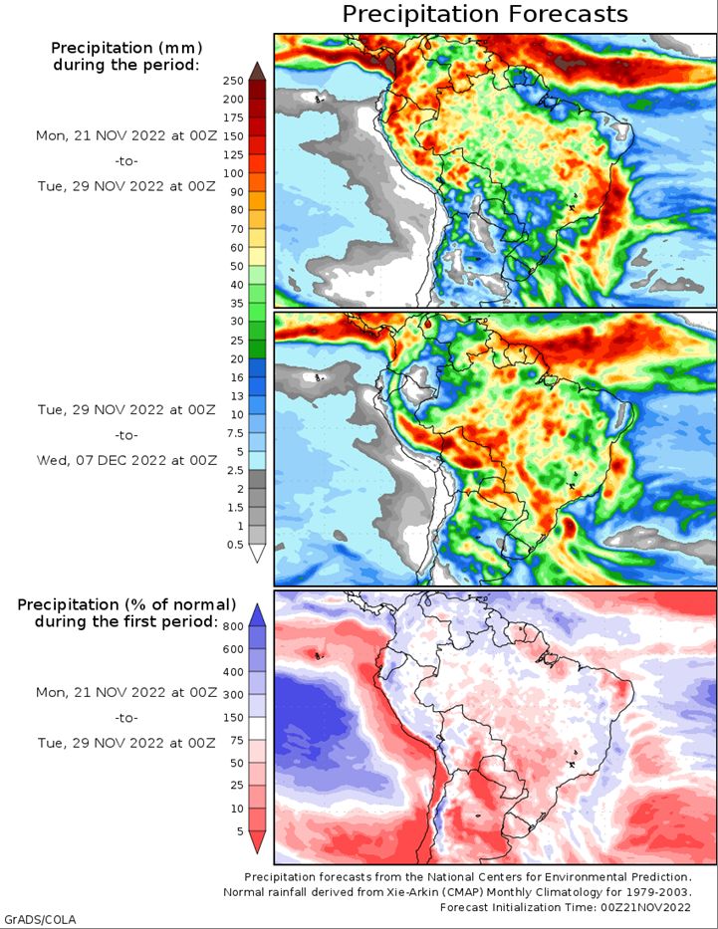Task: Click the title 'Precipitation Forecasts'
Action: pos(485,14)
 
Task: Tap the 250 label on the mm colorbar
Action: pos(233,82)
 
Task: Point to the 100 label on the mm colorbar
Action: pos(233,173)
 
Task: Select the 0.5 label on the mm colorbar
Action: pos(235,545)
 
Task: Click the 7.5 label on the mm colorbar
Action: pos(237,433)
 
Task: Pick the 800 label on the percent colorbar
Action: pos(233,627)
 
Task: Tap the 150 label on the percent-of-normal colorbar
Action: pos(233,718)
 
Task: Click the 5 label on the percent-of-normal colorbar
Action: pos(240,831)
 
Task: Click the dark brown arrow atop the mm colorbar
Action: pos(257,71)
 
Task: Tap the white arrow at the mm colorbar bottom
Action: pos(257,554)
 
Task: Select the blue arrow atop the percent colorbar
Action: pos(257,615)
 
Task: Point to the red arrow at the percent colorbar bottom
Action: pos(257,842)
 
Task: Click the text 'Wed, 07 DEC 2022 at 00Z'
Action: pos(126,460)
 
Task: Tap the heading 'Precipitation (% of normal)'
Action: pos(126,605)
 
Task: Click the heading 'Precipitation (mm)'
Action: pos(126,48)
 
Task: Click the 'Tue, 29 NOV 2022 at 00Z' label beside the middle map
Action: pos(126,410)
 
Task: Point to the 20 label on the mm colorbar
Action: pos(237,359)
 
